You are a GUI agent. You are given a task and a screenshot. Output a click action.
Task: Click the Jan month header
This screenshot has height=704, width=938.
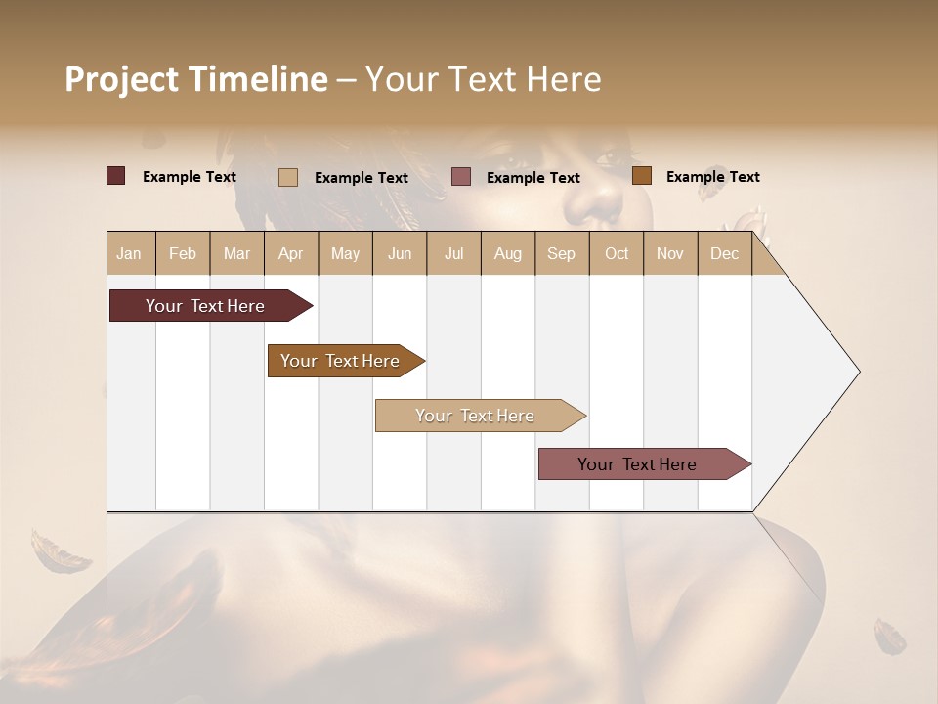130,253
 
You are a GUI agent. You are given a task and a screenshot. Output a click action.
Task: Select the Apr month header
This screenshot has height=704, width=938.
291,253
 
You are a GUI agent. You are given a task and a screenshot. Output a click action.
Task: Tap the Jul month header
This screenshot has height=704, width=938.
453,253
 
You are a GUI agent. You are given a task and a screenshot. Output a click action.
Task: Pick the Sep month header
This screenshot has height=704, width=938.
562,253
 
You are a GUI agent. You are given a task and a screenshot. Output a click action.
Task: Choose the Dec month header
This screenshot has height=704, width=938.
724,253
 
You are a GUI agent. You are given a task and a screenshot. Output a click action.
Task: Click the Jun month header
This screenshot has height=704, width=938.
400,253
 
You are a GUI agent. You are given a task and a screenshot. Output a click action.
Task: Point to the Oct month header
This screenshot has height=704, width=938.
617,253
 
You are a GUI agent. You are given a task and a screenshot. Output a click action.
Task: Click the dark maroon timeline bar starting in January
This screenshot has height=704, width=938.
205,306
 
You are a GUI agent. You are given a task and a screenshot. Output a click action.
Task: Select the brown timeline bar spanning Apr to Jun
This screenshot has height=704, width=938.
340,361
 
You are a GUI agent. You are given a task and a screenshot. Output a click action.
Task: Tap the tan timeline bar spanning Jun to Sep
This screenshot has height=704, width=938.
475,416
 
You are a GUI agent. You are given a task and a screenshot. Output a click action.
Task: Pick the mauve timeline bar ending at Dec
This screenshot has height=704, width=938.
637,464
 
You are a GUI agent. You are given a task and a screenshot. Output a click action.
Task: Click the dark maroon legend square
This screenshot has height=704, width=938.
116,176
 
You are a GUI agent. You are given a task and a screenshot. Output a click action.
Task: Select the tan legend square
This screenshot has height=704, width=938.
288,177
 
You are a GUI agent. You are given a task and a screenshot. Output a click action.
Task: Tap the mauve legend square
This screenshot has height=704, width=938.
461,177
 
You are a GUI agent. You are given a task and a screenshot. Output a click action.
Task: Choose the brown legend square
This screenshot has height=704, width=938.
642,176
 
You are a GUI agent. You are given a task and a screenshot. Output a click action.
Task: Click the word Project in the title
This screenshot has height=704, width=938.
121,80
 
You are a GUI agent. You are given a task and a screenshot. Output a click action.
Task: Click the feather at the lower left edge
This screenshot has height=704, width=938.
59,552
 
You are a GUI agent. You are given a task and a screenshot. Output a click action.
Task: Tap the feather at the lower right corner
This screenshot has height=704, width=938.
890,636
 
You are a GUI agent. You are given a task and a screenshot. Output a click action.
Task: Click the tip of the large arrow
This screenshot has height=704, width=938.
857,372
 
